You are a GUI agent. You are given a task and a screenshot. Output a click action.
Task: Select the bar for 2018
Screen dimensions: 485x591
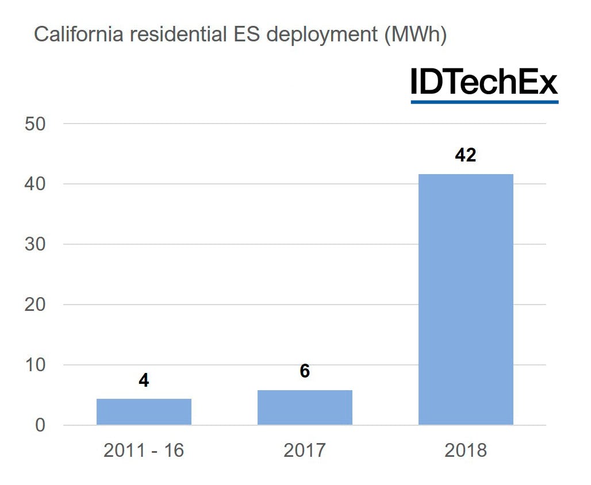(466, 299)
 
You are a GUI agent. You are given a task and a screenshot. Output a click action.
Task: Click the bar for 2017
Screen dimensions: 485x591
(305, 407)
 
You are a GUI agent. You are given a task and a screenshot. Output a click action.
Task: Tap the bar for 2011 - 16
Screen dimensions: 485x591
(144, 411)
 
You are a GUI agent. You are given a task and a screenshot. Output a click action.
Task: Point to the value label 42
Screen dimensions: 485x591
(466, 155)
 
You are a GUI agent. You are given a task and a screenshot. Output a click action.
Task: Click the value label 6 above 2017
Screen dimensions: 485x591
(305, 371)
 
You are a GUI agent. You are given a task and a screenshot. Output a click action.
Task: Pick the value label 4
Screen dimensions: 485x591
(144, 380)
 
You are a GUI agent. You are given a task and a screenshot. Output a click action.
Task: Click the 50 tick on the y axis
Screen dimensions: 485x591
(35, 124)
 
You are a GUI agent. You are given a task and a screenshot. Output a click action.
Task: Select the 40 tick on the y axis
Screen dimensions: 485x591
(35, 184)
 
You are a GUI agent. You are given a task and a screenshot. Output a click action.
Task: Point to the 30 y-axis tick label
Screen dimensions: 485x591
(35, 245)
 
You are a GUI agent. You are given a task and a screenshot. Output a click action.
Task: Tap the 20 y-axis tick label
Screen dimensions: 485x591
(35, 305)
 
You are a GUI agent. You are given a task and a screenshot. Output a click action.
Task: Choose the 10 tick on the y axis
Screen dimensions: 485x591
(35, 365)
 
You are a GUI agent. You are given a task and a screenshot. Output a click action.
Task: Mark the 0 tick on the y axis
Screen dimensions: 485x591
(40, 425)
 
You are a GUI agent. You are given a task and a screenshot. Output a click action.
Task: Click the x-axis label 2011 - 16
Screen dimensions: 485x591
(144, 450)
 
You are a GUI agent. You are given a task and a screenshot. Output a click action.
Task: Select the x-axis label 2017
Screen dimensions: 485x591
(305, 450)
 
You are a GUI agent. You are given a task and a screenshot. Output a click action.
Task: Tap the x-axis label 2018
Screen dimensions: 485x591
(466, 450)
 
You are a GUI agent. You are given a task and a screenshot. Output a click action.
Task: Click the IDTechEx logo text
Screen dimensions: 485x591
(484, 82)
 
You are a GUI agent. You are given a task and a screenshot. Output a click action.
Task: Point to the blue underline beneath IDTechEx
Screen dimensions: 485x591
(484, 102)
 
